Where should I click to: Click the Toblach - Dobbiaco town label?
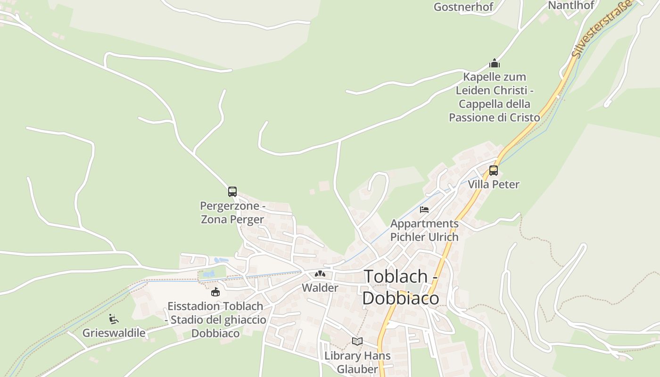[401, 287]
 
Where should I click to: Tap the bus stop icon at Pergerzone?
[232, 192]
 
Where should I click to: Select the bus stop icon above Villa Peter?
[494, 171]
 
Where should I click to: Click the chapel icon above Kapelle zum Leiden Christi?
[495, 63]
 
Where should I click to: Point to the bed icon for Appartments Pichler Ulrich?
[424, 209]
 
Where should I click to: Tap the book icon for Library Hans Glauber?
[357, 341]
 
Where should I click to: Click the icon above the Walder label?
[320, 274]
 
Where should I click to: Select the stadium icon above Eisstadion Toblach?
[215, 292]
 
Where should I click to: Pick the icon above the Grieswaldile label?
[114, 319]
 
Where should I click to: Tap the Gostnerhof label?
[463, 7]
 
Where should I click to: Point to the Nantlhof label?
[571, 5]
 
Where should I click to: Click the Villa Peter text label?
[494, 184]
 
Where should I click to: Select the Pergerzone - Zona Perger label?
[232, 213]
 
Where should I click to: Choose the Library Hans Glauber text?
[357, 362]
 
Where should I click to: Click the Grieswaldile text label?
[114, 333]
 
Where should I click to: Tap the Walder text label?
[320, 287]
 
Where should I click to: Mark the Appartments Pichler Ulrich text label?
[424, 230]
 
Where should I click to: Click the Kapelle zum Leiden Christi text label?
[495, 97]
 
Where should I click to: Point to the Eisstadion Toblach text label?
[215, 320]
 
